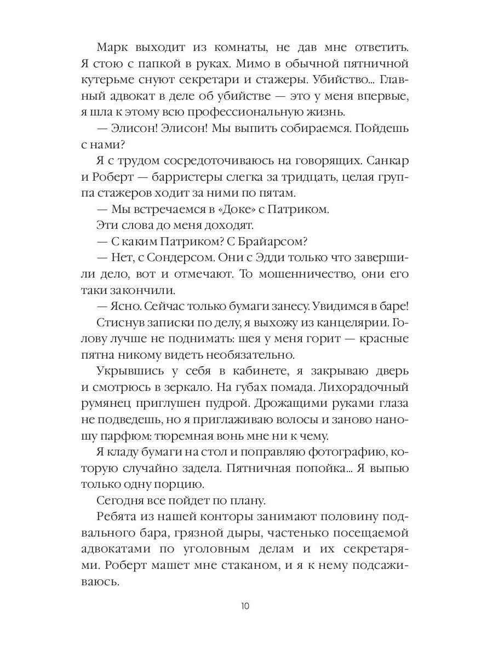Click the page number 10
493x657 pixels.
click(245, 606)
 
